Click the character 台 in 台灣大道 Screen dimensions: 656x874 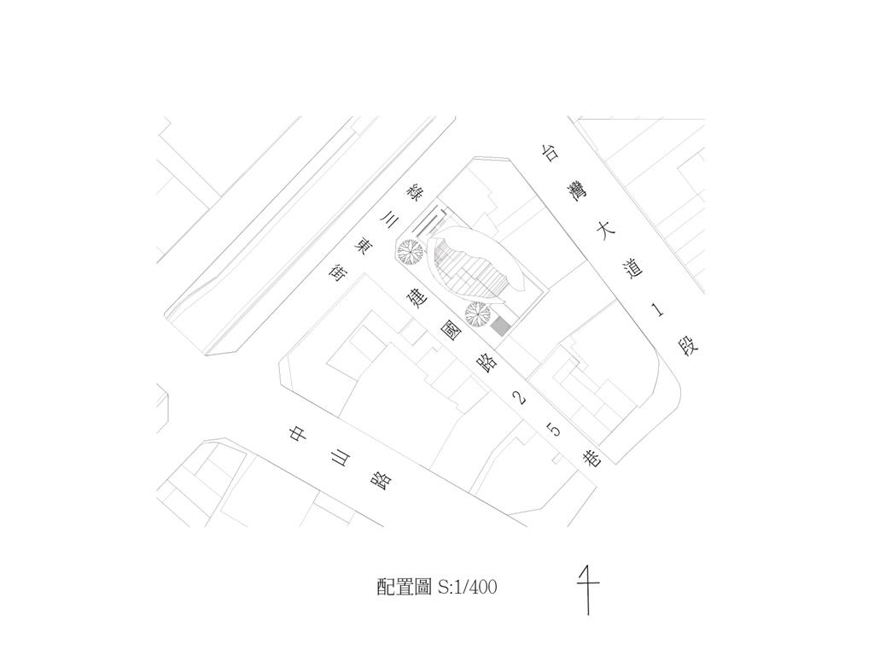[x=551, y=153]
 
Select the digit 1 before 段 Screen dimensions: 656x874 [x=658, y=309]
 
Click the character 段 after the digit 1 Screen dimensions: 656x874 [x=688, y=347]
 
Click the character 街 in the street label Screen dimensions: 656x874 [x=337, y=273]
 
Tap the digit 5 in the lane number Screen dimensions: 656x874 [x=556, y=430]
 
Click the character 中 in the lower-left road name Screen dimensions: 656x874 [x=297, y=434]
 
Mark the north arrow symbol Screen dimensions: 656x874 [x=587, y=589]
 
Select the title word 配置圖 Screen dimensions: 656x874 [x=405, y=588]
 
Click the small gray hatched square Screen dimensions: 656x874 [x=501, y=325]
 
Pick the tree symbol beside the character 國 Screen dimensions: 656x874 [x=477, y=315]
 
